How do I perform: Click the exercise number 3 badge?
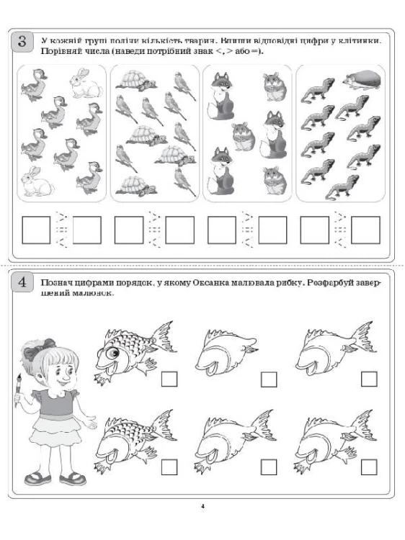22,42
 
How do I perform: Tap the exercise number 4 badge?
22,282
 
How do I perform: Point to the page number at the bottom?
202,506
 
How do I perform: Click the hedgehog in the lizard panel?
362,80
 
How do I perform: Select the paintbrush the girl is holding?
17,390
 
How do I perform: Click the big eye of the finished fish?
112,352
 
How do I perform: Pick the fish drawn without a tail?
226,351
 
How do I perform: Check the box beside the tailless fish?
269,379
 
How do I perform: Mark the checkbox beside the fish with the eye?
169,379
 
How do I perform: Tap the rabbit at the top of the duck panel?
86,84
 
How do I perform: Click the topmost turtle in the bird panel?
136,81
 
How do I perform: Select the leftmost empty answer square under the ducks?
36,230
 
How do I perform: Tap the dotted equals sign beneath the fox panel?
247,230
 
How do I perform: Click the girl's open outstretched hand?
90,423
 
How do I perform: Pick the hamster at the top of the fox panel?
275,87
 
